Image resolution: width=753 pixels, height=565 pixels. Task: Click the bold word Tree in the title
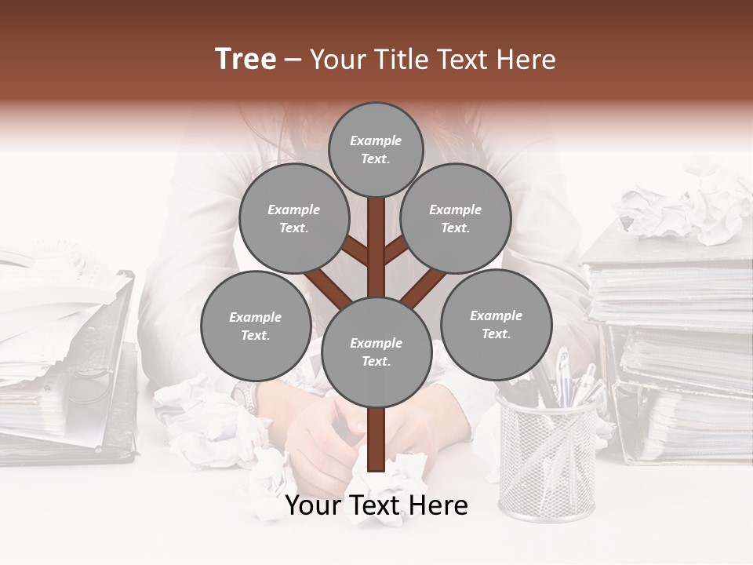pos(246,60)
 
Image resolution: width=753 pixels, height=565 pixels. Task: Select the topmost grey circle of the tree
pos(376,149)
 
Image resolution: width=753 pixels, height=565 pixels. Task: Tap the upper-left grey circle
pos(293,219)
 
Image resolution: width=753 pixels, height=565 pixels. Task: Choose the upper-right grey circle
pos(456,219)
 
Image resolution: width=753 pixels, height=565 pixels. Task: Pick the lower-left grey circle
pos(255,326)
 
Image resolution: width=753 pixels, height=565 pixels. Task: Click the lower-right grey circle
pos(496,324)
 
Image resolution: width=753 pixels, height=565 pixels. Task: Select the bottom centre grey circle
pos(376,352)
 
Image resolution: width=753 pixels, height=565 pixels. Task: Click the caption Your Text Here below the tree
pos(376,506)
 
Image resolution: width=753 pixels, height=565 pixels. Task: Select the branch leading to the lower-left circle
pos(328,289)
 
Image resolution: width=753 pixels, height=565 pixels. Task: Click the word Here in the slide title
pos(526,60)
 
